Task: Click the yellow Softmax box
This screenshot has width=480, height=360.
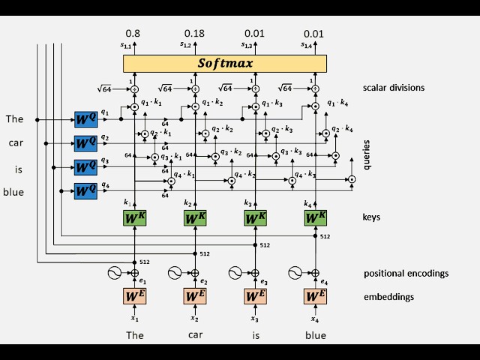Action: click(x=225, y=63)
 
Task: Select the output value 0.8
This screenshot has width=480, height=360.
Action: click(x=133, y=34)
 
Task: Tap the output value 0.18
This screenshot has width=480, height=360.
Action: click(x=194, y=34)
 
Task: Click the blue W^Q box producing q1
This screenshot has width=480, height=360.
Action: click(x=85, y=119)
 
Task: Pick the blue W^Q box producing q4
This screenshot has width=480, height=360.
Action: click(x=85, y=190)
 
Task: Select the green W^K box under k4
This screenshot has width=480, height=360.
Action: click(x=316, y=217)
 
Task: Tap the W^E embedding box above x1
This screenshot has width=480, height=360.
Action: click(x=134, y=296)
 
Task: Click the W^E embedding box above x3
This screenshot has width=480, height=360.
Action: click(x=255, y=296)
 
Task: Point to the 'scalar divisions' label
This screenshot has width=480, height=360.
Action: click(x=394, y=88)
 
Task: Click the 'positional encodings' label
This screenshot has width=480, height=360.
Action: click(x=406, y=273)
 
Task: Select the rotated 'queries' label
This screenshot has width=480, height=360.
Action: click(x=367, y=154)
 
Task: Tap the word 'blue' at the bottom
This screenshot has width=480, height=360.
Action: click(x=316, y=335)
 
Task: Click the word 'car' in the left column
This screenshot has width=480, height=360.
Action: click(x=16, y=142)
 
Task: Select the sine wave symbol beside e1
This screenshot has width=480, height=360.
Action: click(x=116, y=273)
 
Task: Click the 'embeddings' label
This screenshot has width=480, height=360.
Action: click(x=388, y=297)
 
